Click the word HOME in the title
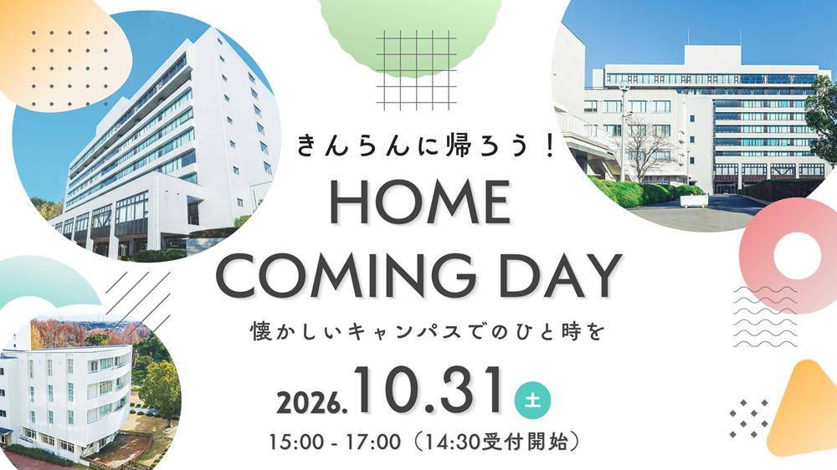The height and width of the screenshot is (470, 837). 419,202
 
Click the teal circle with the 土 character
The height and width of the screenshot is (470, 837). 532,400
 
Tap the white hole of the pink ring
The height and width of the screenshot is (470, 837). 797,256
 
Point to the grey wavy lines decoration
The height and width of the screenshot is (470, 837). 766,316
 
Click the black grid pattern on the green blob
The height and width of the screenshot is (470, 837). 416,70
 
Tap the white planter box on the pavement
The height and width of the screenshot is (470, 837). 694,201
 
